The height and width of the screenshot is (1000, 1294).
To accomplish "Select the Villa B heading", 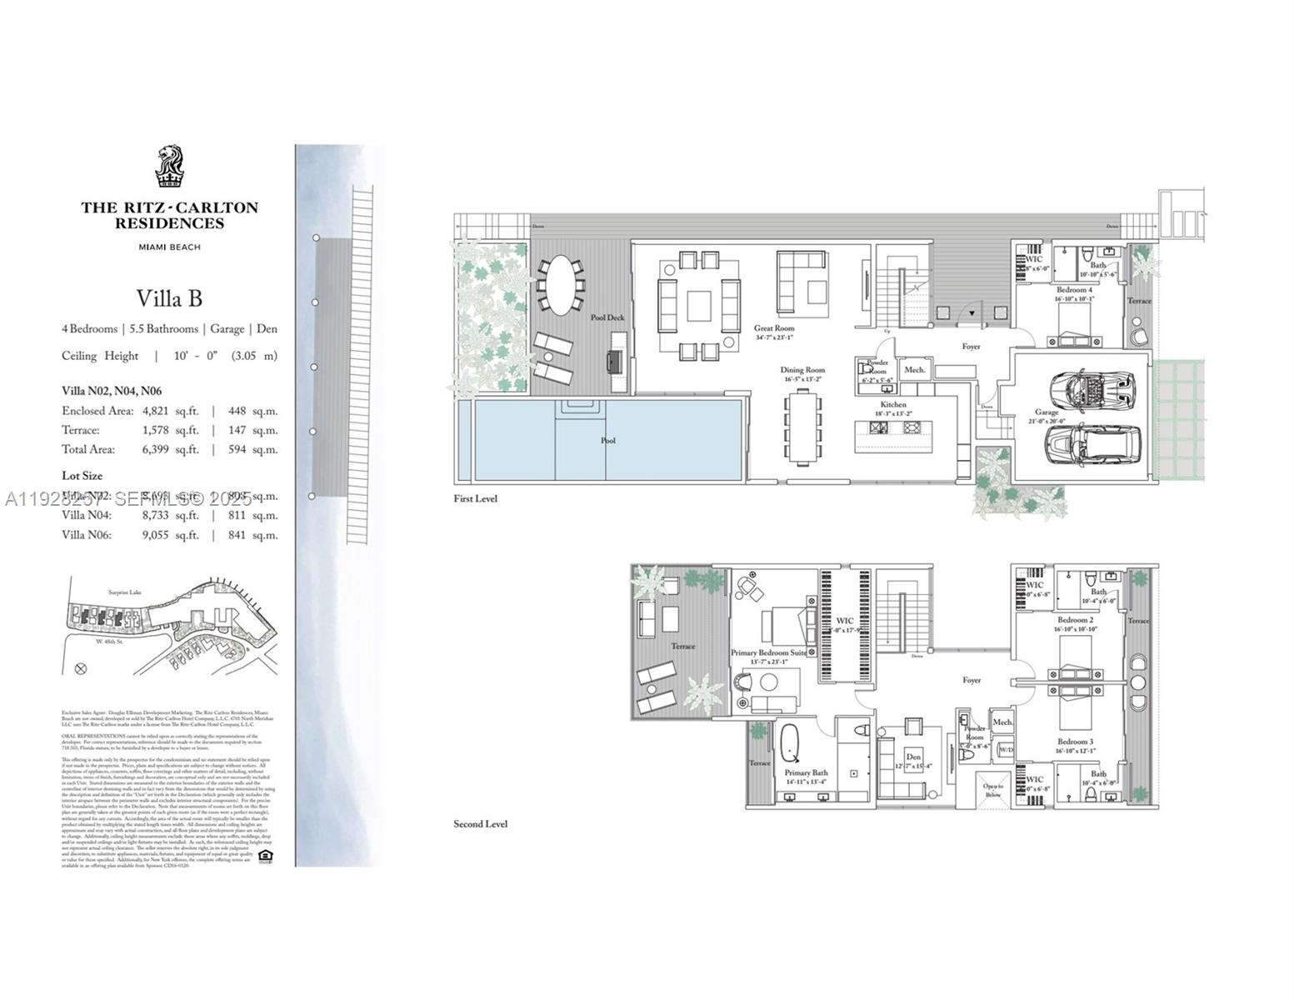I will (169, 298).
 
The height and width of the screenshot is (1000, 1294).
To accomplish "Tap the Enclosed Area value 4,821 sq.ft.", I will (170, 411).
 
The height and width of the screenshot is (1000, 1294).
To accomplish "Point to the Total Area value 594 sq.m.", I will (252, 449).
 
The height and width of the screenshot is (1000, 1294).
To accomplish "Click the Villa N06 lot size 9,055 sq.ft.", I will (170, 535).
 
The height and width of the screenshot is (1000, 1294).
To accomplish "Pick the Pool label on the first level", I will (608, 440).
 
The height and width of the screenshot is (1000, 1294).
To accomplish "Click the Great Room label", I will (774, 328).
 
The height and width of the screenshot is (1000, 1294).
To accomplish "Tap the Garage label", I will (1047, 412).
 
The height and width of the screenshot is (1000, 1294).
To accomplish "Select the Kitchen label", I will (893, 404).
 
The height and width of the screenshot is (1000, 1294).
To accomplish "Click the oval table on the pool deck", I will (559, 284).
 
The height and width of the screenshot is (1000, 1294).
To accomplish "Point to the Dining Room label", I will (802, 370).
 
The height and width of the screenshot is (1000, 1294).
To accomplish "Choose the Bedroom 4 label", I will (1074, 289).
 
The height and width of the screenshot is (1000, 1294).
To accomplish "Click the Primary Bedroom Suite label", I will (768, 652).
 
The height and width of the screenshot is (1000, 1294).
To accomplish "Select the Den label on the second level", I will (913, 757).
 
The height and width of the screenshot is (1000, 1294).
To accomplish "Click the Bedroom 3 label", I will (1075, 742).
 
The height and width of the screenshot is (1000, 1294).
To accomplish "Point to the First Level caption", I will (475, 498).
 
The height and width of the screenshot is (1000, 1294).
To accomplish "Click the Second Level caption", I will (480, 823).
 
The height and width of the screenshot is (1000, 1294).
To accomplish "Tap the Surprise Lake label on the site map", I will (124, 592).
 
